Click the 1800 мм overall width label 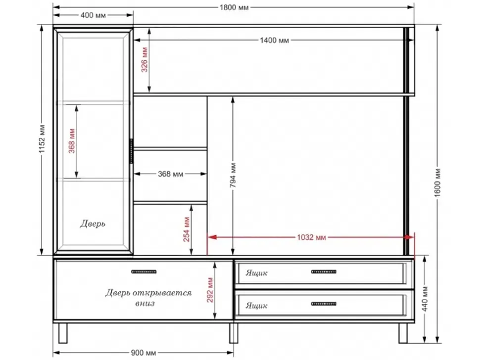point(234,7)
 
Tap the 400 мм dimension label point(93,15)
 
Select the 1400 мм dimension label point(274,41)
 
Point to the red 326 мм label point(144,60)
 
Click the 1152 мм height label point(42,139)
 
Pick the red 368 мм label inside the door point(72,141)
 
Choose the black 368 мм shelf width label point(171,174)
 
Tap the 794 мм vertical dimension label point(233,175)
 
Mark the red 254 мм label point(187,229)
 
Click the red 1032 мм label point(311,237)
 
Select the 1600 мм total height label point(437,182)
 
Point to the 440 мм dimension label point(425,299)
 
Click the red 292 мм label point(210,290)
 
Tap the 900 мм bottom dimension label point(144,353)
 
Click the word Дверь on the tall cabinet point(93,224)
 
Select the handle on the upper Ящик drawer point(324,271)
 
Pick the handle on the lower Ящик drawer point(324,304)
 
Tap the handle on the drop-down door point(144,271)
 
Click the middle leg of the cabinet point(234,333)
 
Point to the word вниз point(145,304)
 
